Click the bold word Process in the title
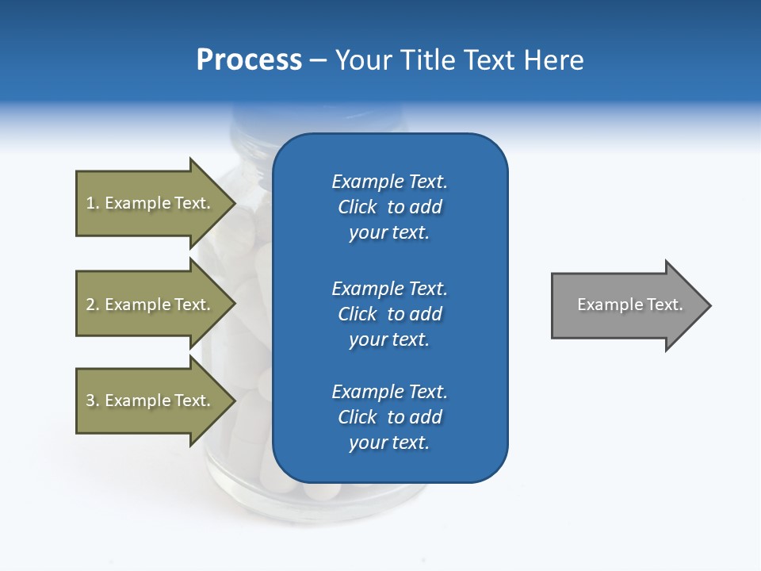[x=249, y=60]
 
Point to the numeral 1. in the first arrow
[x=92, y=203]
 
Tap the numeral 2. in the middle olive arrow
[x=92, y=305]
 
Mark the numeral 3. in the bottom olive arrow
[x=92, y=400]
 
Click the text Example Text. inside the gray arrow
[x=630, y=305]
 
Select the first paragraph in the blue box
[x=389, y=207]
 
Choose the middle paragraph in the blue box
[x=389, y=314]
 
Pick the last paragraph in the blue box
[x=389, y=417]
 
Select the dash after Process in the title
[x=319, y=60]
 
